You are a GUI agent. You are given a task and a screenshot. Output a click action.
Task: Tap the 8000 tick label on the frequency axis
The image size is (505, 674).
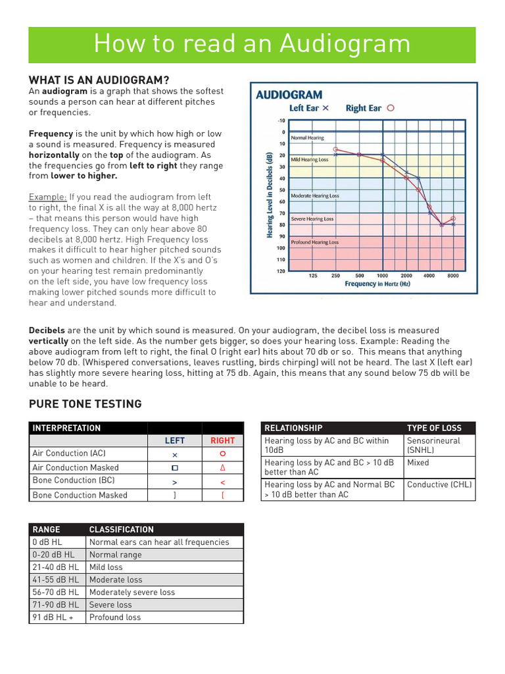[453, 276]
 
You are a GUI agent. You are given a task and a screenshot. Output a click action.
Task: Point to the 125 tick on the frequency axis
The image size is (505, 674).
[313, 276]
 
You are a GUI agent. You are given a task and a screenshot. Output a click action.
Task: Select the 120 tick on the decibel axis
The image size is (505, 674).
[281, 271]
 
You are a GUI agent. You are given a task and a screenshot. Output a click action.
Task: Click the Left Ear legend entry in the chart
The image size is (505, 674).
[309, 109]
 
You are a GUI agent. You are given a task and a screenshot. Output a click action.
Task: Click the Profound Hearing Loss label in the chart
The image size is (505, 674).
[315, 242]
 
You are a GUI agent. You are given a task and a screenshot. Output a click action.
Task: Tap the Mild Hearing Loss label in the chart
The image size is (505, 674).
[310, 160]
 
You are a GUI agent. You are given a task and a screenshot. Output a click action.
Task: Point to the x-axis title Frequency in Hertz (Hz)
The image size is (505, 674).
[377, 284]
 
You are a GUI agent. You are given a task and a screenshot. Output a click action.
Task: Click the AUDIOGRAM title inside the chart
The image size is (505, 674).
[289, 95]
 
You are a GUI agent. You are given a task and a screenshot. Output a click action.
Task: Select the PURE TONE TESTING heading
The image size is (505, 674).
[85, 404]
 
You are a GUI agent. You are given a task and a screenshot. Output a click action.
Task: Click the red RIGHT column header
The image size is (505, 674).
[222, 441]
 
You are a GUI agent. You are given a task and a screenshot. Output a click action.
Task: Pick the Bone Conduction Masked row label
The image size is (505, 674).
[80, 495]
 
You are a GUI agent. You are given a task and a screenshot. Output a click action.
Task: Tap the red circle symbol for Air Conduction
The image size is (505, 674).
[223, 454]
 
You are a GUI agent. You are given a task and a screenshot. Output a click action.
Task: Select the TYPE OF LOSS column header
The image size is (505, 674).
[434, 428]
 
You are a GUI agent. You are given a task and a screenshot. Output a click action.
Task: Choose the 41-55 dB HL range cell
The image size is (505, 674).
[55, 580]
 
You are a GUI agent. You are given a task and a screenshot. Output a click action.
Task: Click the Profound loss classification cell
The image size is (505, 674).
[115, 617]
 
